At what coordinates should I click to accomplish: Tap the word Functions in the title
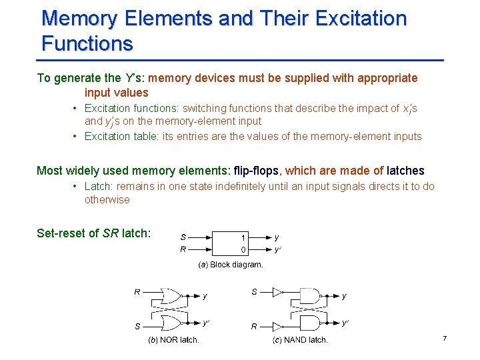(87, 44)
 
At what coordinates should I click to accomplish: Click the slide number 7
(444, 339)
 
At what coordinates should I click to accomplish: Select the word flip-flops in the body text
(256, 171)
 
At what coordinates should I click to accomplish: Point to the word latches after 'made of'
(405, 171)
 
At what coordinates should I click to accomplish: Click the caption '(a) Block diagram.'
(231, 265)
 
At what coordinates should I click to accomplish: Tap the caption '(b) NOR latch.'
(173, 340)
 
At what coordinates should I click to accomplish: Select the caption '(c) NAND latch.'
(301, 340)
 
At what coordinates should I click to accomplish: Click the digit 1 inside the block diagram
(243, 237)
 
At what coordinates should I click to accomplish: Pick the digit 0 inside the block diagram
(243, 250)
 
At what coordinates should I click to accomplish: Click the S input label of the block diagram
(183, 237)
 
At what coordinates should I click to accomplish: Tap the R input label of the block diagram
(183, 249)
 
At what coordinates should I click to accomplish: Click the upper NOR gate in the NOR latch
(175, 295)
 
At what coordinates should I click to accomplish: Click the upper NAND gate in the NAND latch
(310, 295)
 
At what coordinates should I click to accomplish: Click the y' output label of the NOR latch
(207, 323)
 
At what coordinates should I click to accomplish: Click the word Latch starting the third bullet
(98, 187)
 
